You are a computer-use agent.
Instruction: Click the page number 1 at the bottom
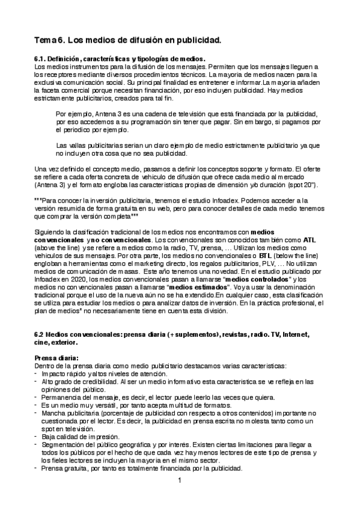click(x=180, y=481)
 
